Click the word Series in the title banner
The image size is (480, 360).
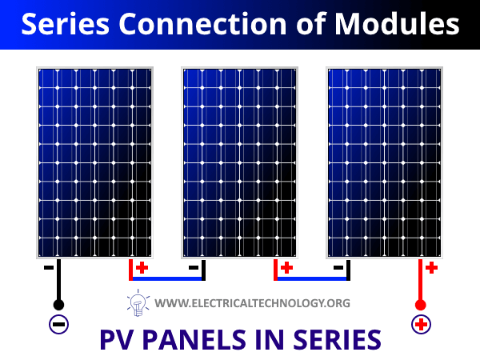[x=66, y=24]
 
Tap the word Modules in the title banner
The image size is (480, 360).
[x=397, y=24]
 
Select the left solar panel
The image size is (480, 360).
[x=94, y=162]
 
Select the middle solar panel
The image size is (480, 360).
[x=239, y=162]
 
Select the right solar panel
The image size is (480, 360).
[x=384, y=162]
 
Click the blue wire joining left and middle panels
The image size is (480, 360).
[x=167, y=278]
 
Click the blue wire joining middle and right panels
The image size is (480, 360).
[x=312, y=278]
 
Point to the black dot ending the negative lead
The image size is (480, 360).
[x=58, y=305]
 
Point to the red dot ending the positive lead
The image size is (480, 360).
[x=420, y=305]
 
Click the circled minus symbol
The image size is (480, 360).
[x=58, y=325]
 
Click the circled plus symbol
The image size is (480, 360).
[x=422, y=325]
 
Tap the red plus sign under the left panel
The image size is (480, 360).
[x=142, y=268]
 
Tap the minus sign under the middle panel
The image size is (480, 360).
[x=194, y=268]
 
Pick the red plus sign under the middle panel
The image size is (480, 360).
[x=287, y=268]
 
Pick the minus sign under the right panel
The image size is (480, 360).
[x=338, y=268]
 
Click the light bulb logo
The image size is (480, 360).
[x=138, y=302]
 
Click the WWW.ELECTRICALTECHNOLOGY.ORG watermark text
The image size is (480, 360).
[x=252, y=303]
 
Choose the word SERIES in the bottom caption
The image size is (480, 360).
[x=337, y=339]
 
